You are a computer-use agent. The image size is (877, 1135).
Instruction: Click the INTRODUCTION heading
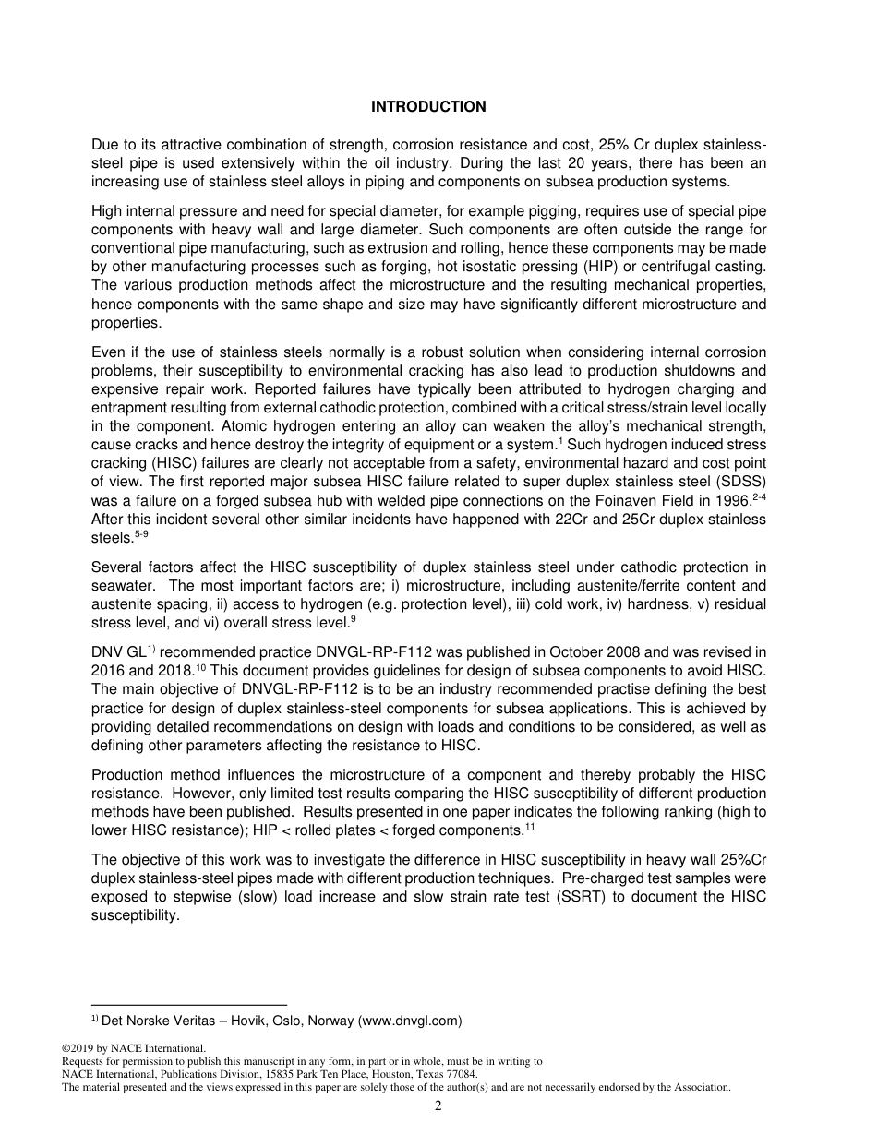point(428,107)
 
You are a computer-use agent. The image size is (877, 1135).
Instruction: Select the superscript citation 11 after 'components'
point(530,827)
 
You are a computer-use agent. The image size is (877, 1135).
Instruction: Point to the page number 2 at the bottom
point(438,1106)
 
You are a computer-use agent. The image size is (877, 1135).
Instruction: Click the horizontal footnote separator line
point(189,1004)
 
